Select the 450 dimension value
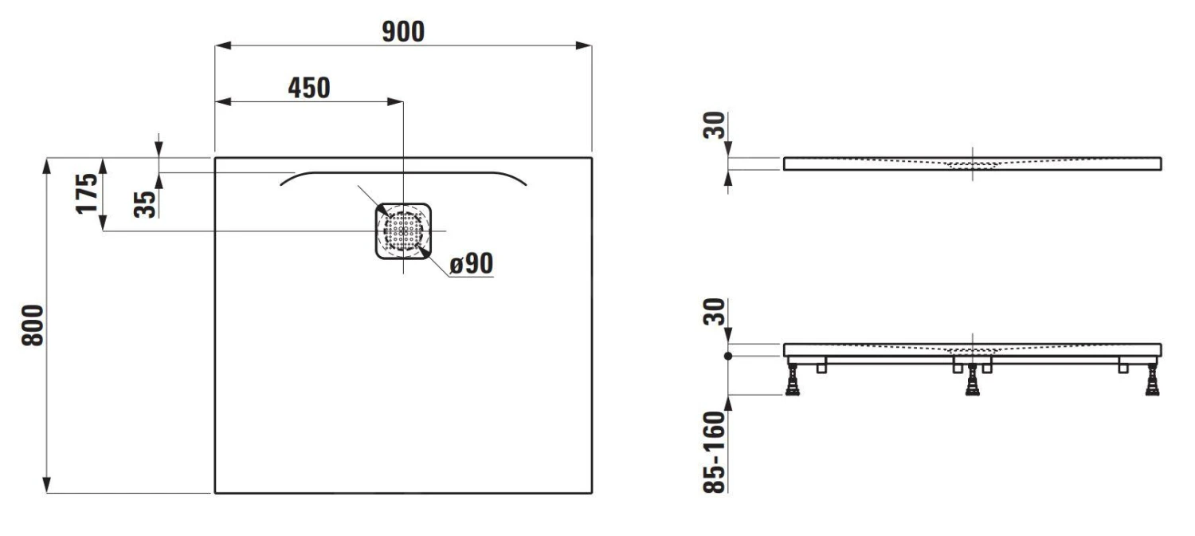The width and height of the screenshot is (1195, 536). tap(308, 88)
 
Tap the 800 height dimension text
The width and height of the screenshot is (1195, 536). tap(31, 325)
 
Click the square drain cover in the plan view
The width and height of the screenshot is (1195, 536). tap(404, 231)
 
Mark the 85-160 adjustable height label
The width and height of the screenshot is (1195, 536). tap(715, 451)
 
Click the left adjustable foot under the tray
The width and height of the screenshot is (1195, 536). tap(793, 380)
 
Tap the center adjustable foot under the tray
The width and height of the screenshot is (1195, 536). tap(972, 381)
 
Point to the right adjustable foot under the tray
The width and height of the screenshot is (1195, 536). tap(1152, 380)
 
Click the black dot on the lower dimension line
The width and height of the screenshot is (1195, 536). tap(727, 357)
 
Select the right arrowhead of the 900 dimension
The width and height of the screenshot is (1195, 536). tap(585, 45)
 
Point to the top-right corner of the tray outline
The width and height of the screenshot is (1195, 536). tap(591, 158)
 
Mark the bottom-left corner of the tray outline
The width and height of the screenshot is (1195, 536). tap(215, 493)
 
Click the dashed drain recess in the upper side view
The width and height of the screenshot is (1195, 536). tap(972, 164)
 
